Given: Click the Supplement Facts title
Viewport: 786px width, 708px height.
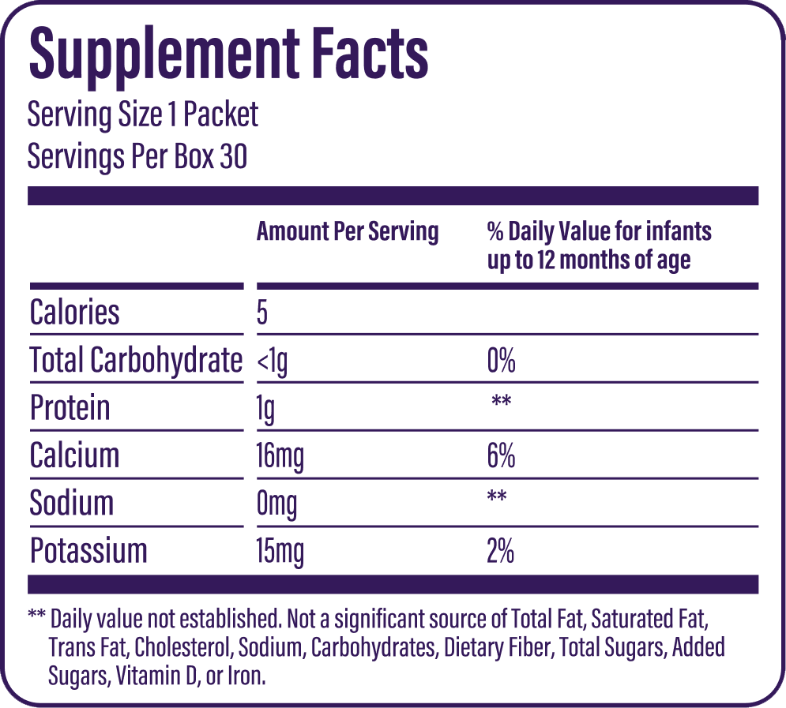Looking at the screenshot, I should (x=228, y=54).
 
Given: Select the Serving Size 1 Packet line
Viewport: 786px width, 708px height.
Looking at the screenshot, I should (x=143, y=115).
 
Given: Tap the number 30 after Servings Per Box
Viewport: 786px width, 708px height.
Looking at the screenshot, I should (x=234, y=156).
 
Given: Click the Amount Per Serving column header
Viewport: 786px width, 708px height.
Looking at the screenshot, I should (x=348, y=231).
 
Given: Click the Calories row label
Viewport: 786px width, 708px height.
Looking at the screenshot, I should (x=75, y=313).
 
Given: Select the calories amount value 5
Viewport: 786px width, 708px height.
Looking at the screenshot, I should (x=262, y=313).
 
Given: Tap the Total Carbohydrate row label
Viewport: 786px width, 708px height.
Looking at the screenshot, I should (x=136, y=361).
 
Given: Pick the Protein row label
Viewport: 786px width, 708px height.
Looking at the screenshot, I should (x=70, y=408).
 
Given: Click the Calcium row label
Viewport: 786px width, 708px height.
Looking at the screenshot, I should (x=75, y=455).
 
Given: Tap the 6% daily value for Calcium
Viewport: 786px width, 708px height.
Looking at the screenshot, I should (x=502, y=456).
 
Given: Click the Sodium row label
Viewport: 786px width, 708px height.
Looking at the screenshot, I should (x=72, y=504).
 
